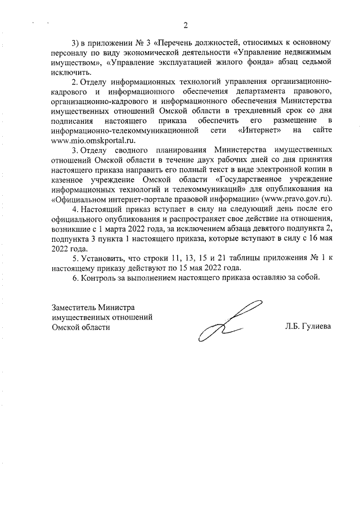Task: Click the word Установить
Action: click(101, 258)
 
